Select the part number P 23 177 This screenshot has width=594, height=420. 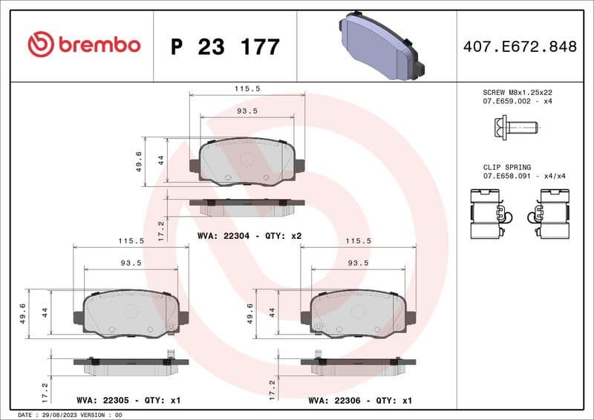pos(225,47)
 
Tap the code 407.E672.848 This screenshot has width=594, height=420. pos(519,47)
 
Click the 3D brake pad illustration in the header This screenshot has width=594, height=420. pos(379,46)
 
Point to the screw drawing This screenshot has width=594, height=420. pos(513,128)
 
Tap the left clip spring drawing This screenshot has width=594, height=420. pos(488,214)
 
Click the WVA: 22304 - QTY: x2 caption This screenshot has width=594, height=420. pos(249,236)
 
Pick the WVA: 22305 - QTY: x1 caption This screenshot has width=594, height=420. pos(128,400)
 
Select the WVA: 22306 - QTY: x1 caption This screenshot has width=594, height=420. pos(360,400)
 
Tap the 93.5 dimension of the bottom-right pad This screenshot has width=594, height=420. pos(358,263)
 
